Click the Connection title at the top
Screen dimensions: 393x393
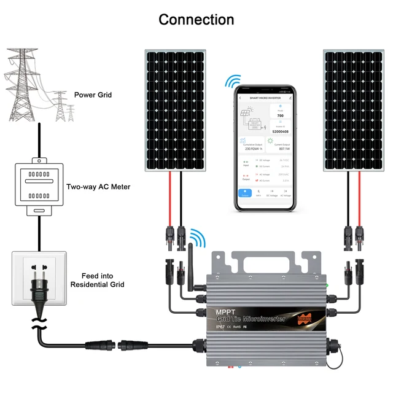point(196,20)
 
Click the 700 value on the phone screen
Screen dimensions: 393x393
point(281,115)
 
